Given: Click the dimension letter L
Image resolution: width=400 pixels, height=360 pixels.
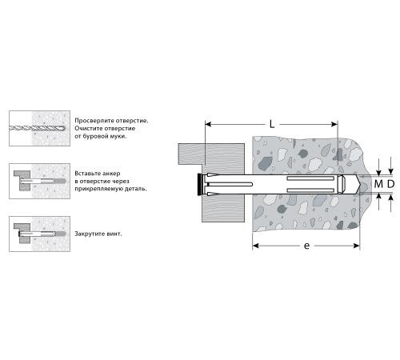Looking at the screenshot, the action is point(272,124).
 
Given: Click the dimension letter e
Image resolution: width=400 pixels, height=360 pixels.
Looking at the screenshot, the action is point(307,246).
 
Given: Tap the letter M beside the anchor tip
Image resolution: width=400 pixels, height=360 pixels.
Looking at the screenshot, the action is point(378,184).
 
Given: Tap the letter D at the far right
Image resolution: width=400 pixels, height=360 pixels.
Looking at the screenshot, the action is point(390,184).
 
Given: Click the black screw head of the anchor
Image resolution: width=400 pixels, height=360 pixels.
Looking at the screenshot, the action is point(199,184).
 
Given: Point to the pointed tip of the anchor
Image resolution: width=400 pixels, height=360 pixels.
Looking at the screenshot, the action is point(361,184).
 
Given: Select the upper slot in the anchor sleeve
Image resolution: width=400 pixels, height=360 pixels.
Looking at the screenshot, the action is point(310,178).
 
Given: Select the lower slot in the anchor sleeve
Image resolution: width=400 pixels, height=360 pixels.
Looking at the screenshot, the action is point(310,190).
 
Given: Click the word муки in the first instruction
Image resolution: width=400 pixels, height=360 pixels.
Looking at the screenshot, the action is point(118,136).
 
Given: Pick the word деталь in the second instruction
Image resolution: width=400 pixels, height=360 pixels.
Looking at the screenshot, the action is point(135,189).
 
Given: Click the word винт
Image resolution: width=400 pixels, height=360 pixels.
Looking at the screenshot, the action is point(114,234).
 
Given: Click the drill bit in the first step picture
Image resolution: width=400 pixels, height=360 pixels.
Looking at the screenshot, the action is point(37,128).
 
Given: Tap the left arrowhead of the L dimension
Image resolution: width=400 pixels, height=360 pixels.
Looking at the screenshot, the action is point(208,124).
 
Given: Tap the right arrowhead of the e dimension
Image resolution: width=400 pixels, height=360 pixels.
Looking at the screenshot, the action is point(357,246).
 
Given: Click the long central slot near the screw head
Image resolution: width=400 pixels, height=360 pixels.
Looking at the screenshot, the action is point(230,184).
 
